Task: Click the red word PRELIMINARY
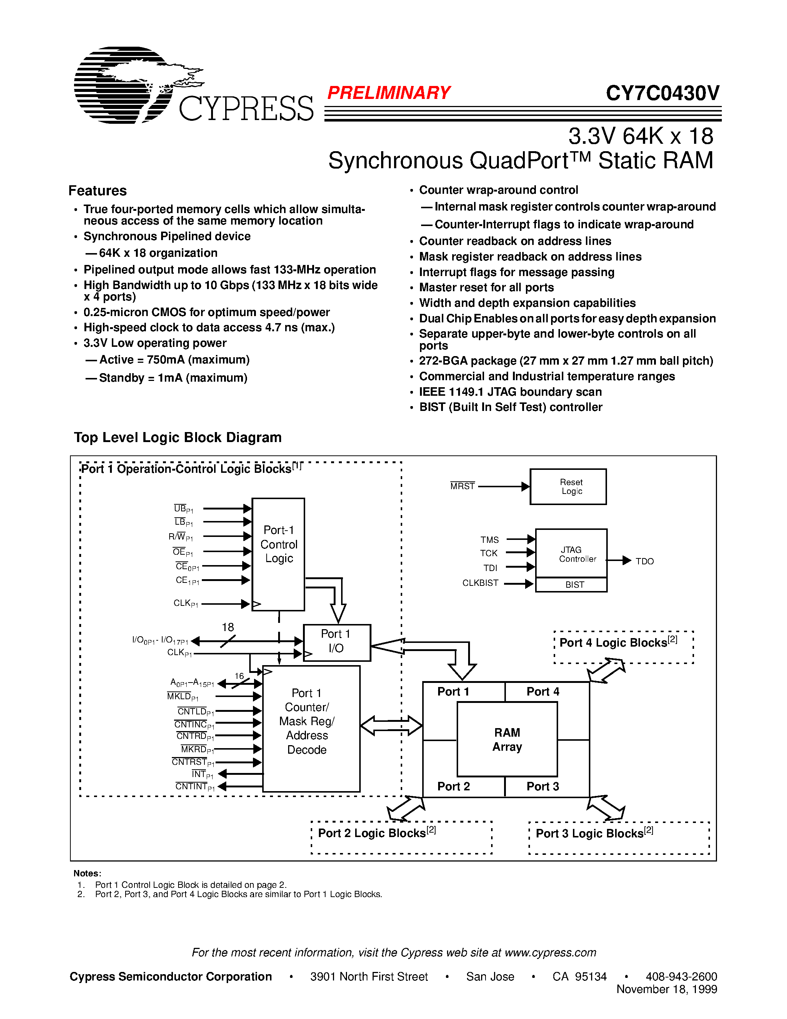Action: click(389, 93)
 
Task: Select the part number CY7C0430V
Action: click(663, 93)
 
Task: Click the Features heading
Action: click(97, 191)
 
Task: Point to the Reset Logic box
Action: click(568, 487)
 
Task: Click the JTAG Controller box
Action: click(571, 553)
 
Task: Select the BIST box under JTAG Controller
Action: click(571, 585)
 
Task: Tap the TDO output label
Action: click(644, 561)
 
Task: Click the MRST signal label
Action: click(462, 486)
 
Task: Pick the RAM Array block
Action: click(507, 739)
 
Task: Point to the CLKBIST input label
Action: click(480, 583)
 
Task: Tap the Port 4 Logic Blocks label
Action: click(618, 643)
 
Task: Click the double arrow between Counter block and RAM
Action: click(391, 726)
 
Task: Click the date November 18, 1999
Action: click(666, 989)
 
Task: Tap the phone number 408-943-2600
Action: click(681, 976)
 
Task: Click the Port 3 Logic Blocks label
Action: click(594, 833)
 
